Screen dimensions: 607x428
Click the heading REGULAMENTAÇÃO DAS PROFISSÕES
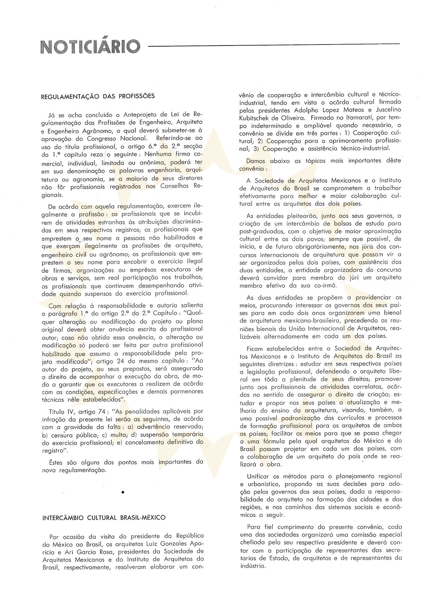(x=98, y=96)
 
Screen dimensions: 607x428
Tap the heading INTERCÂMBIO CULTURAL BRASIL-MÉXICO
(x=104, y=517)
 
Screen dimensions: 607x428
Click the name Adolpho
(x=298, y=110)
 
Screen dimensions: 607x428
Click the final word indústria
(x=254, y=566)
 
